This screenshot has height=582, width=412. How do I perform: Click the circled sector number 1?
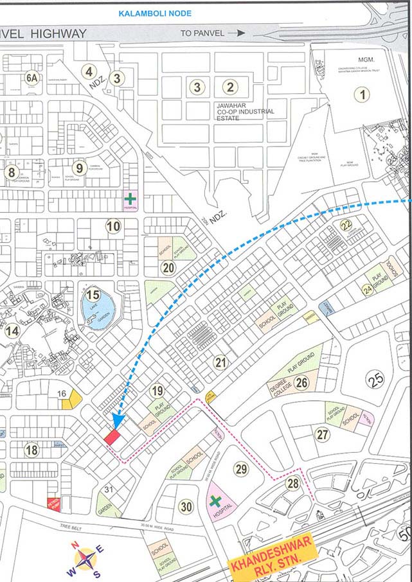tap(364, 95)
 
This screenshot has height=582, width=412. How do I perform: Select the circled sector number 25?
tap(375, 380)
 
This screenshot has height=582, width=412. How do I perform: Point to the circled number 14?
tap(12, 331)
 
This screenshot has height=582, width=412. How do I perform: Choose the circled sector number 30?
tap(186, 507)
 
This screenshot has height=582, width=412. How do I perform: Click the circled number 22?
tap(346, 225)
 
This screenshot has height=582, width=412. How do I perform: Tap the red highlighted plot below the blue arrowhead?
tap(112, 437)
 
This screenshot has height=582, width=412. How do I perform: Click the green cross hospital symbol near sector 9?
tap(130, 198)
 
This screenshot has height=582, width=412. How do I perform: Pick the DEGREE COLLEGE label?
tap(278, 390)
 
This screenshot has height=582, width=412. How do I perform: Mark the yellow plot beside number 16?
tap(75, 400)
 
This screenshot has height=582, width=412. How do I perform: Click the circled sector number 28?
tap(293, 484)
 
